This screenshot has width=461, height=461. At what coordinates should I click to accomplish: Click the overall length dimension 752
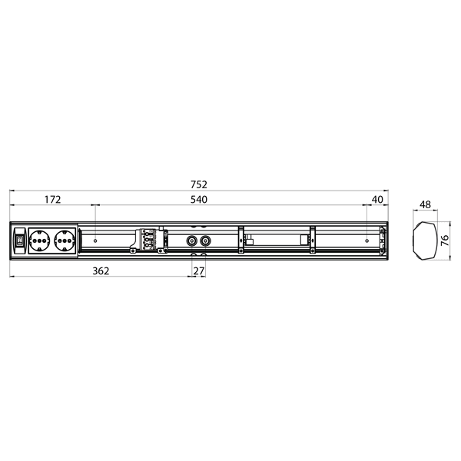[x=200, y=184]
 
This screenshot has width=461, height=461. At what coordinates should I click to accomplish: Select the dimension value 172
[x=52, y=200]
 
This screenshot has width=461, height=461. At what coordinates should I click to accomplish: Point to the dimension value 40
[x=376, y=200]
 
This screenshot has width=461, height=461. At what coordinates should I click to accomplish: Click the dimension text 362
[x=101, y=270]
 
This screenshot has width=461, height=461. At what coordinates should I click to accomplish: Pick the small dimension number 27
[x=198, y=270]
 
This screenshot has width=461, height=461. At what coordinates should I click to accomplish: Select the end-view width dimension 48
[x=425, y=206]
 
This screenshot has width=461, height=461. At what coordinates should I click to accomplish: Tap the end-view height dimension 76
[x=445, y=241]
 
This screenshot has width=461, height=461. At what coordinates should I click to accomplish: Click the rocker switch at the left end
[x=19, y=240]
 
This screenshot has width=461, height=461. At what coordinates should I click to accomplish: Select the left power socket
[x=38, y=240]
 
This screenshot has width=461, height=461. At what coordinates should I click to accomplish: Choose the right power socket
[x=65, y=240]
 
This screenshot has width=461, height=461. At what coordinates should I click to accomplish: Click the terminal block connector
[x=150, y=240]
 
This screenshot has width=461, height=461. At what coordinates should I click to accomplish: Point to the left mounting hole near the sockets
[x=94, y=240]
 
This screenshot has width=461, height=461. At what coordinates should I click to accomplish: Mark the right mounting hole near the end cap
[x=367, y=240]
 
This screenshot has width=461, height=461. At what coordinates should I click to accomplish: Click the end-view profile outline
[x=424, y=240]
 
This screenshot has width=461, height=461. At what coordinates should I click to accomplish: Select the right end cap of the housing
[x=384, y=240]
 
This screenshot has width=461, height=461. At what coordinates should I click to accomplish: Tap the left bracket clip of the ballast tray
[x=241, y=240]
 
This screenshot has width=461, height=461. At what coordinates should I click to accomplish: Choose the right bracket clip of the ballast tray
[x=313, y=240]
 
